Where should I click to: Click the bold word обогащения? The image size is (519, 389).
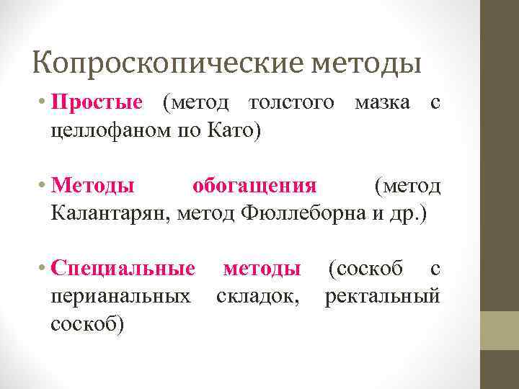pyautogui.click(x=254, y=186)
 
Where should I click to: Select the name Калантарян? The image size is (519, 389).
pyautogui.click(x=108, y=214)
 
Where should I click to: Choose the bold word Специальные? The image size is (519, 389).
pyautogui.click(x=123, y=269)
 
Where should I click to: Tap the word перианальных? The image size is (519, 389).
pyautogui.click(x=121, y=296)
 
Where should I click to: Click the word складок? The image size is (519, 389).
pyautogui.click(x=258, y=296)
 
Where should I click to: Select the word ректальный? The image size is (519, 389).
pyautogui.click(x=381, y=296)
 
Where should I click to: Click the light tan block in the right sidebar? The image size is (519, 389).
pyautogui.click(x=500, y=330)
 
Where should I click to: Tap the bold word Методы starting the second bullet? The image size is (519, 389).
pyautogui.click(x=92, y=186)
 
